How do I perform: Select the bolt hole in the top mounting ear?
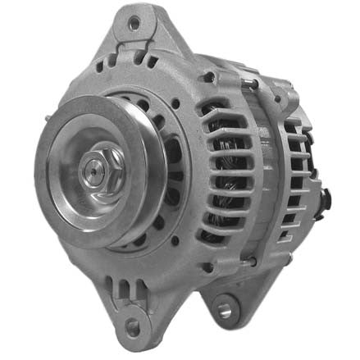tap(134, 25)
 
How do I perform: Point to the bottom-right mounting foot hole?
tap(226, 310)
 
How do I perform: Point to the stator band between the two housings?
tap(267, 172)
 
